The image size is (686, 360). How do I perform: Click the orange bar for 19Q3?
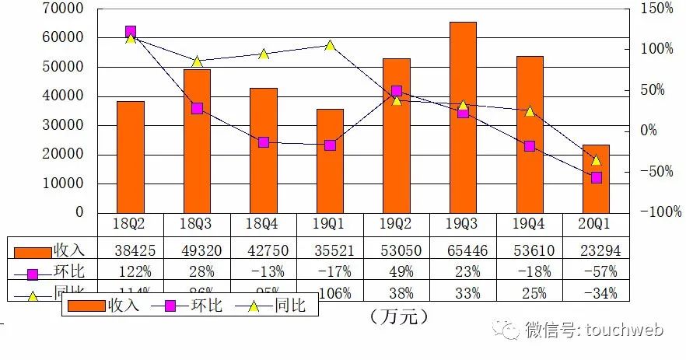[463, 117]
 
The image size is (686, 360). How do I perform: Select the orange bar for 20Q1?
[596, 179]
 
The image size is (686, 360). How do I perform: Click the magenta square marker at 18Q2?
[131, 32]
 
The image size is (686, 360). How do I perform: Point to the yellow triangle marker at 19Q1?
[330, 45]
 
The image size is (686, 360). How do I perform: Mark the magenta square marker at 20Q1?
[596, 177]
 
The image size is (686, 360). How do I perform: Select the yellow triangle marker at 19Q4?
[530, 111]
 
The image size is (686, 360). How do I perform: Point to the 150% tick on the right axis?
[657, 9]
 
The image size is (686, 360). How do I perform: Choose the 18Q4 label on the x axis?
[264, 225]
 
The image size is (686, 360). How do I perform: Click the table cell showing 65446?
[463, 250]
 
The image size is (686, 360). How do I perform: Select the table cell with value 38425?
[131, 250]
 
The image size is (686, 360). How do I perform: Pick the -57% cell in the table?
[596, 271]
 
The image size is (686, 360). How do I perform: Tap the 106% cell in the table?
[330, 293]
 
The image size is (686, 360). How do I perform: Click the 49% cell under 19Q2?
[397, 271]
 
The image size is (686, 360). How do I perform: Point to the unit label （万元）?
[400, 317]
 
